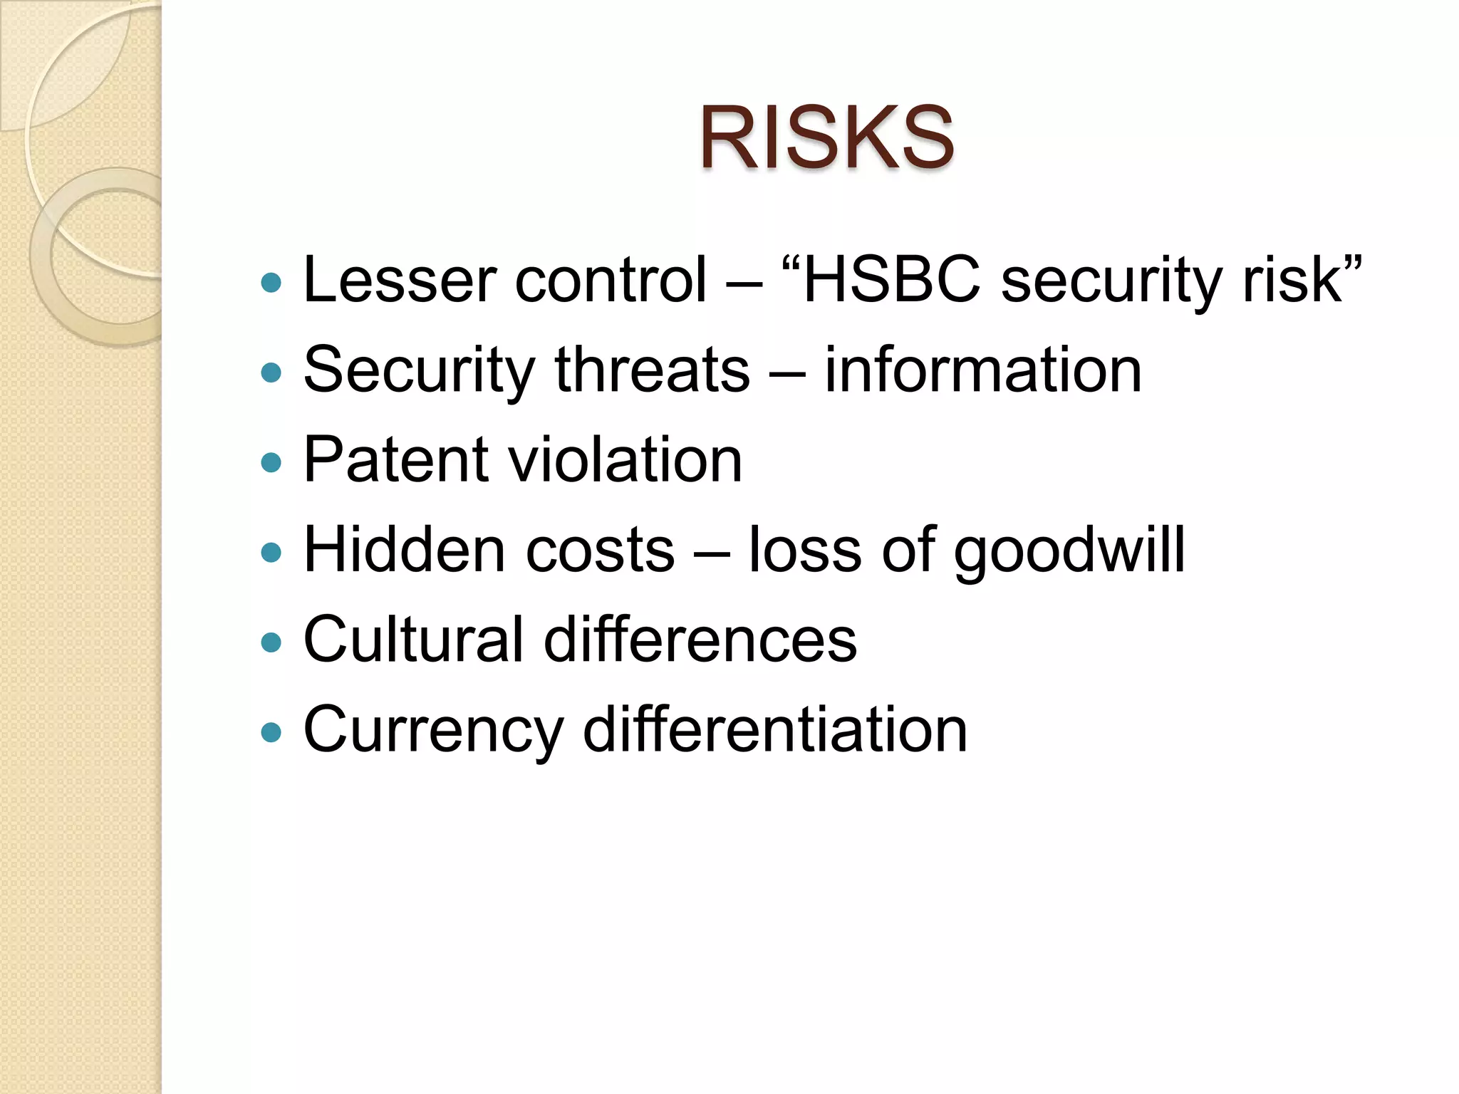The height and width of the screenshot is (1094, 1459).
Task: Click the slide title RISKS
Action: [826, 138]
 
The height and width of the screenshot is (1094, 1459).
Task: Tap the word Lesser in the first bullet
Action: [400, 280]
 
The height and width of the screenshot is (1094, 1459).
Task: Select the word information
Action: [983, 370]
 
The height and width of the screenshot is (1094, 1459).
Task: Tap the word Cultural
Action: [413, 640]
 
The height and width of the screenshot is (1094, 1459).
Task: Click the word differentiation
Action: [775, 729]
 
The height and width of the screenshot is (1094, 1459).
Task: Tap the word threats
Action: [652, 370]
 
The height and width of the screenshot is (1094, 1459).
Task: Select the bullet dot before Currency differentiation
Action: [271, 732]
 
